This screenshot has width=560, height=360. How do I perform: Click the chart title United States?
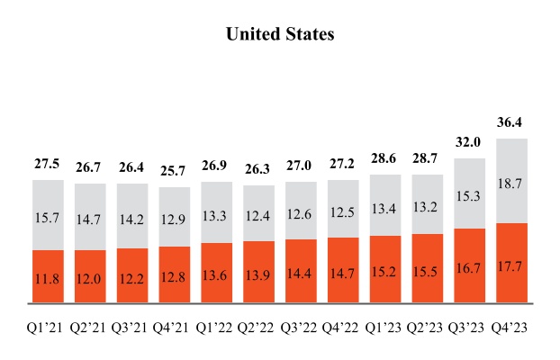tap(280, 34)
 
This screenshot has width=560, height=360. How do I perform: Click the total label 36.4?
tap(511, 121)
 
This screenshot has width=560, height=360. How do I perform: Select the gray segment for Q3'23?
tap(469, 193)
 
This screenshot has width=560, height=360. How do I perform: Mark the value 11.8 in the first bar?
tap(48, 278)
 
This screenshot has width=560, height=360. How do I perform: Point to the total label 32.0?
tap(469, 141)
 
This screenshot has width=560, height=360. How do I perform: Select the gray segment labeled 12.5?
tap(343, 211)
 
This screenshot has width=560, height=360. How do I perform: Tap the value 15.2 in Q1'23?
tap(385, 271)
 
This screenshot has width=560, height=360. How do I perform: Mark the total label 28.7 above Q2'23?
tap(427, 157)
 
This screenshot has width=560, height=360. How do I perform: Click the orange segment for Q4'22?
tap(343, 270)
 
